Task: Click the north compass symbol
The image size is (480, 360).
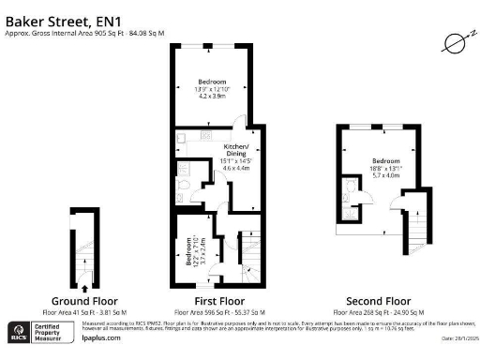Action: pos(454,42)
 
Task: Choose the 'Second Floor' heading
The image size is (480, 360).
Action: pos(385,300)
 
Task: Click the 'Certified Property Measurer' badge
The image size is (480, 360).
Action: pos(52,333)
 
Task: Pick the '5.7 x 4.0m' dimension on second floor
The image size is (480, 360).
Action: pos(385,174)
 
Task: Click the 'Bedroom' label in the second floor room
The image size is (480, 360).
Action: pos(385,160)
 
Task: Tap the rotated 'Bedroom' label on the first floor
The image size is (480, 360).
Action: pos(190,250)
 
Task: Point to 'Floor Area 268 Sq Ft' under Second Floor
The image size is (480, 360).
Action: pos(385,310)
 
